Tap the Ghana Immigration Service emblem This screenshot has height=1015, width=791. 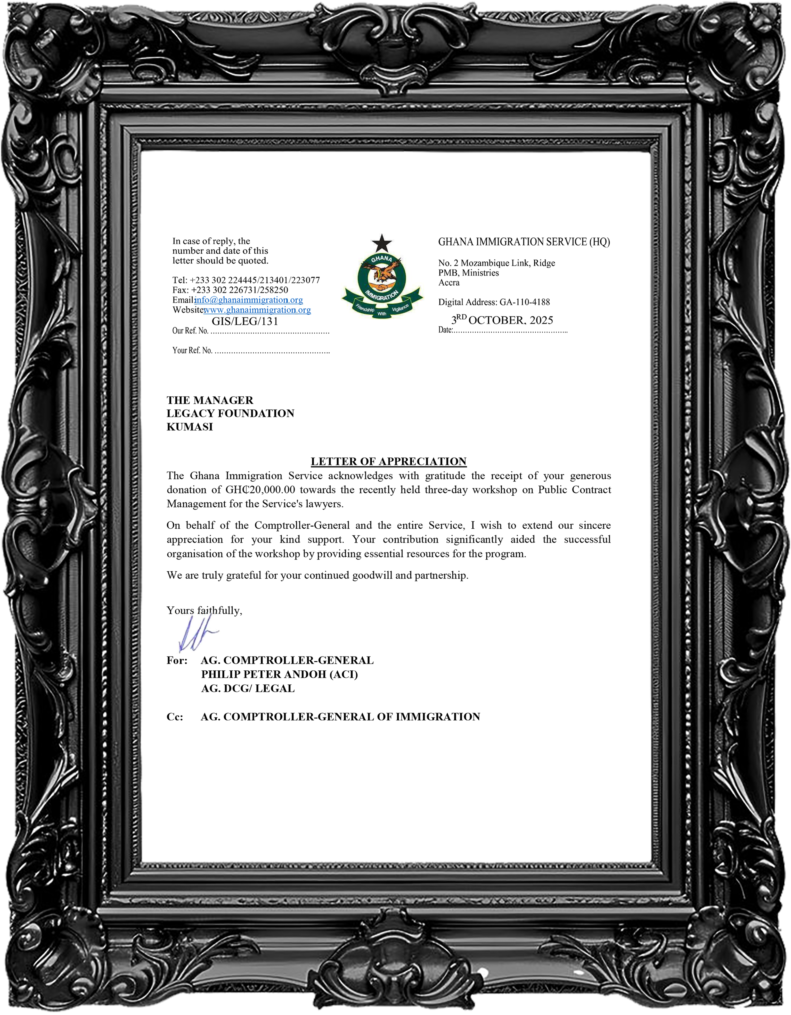coord(382,284)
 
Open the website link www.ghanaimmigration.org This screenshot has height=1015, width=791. coord(257,310)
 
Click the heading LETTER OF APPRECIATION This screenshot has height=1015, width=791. coord(388,461)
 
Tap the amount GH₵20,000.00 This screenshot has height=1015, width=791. coord(260,490)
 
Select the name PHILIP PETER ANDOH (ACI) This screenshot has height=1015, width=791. coord(280,674)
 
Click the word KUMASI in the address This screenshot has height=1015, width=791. coord(190,427)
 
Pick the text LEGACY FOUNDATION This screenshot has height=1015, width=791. coord(230,414)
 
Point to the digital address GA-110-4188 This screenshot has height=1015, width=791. coord(525,302)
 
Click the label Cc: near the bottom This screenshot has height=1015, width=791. coord(175,717)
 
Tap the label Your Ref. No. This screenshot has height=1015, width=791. coord(192,351)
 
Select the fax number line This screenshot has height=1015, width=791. coord(230,290)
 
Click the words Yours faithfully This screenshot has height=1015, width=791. coord(204,611)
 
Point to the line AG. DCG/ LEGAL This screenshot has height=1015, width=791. coord(248,689)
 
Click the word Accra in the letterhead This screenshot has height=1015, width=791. coord(449,282)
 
